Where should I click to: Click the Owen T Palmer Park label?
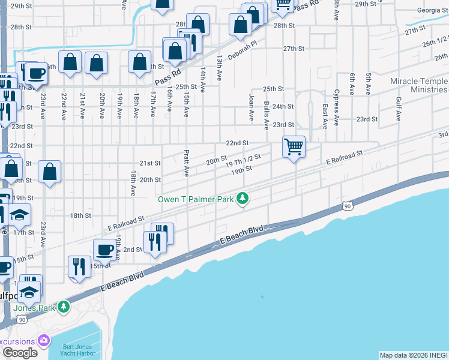pyautogui.click(x=196, y=199)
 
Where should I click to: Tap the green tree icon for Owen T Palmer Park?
pyautogui.click(x=243, y=197)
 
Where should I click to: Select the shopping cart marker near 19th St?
pyautogui.click(x=294, y=146)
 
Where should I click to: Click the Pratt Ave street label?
pyautogui.click(x=187, y=163)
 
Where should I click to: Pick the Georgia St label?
pyautogui.click(x=429, y=10)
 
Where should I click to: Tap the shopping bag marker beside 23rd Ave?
pyautogui.click(x=50, y=172)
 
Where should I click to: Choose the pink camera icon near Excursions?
pyautogui.click(x=43, y=341)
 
